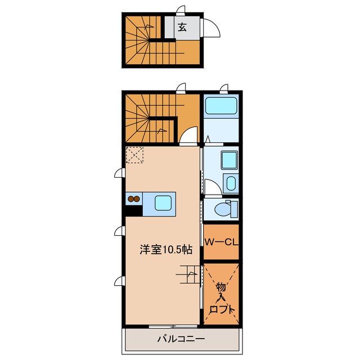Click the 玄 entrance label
tap(182, 28)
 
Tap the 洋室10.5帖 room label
tap(166, 250)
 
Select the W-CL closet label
tap(221, 242)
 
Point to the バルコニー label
tap(181, 339)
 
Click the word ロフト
tap(222, 310)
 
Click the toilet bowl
tap(222, 209)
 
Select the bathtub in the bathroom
tap(221, 106)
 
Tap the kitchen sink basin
tap(163, 203)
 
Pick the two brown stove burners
tap(134, 199)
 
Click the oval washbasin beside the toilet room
tap(231, 183)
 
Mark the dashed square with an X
tap(134, 155)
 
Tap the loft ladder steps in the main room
tap(188, 274)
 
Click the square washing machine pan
tap(229, 160)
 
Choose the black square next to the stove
tap(134, 210)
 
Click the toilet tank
tap(234, 209)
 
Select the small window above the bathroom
tap(224, 88)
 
